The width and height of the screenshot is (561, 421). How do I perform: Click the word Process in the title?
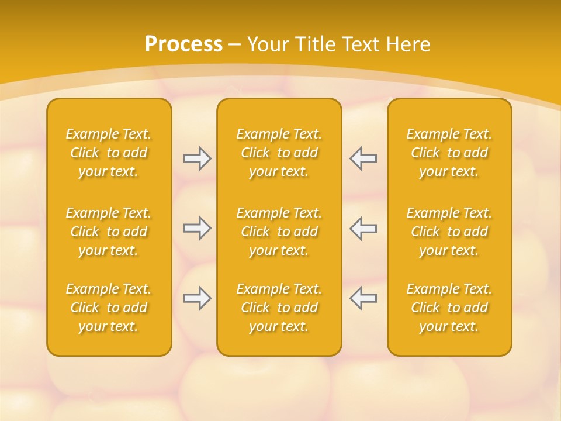183,44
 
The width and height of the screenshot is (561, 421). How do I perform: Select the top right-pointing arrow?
197,158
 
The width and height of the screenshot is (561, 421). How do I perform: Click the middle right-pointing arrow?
197,228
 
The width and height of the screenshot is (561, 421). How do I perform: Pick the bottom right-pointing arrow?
197,298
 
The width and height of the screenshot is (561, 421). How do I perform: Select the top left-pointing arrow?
363,158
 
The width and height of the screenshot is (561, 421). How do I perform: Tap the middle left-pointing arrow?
363,228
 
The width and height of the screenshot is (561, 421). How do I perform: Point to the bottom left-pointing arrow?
363,298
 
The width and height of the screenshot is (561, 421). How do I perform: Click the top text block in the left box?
109,153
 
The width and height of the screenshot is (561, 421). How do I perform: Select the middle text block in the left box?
109,232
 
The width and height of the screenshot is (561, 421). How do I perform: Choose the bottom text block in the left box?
109,308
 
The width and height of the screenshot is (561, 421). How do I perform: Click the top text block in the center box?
279,153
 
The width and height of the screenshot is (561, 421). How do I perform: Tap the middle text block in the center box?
279,232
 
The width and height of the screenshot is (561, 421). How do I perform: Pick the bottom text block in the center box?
279,308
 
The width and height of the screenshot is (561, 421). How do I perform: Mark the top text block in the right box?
449,153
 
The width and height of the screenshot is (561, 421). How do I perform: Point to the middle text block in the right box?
449,232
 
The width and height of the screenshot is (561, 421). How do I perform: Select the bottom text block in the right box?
449,308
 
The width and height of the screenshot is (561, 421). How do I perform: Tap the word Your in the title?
268,44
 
